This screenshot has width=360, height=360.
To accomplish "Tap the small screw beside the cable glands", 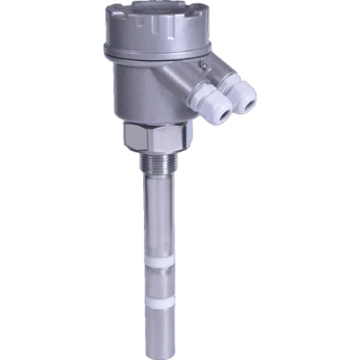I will coord(204,66).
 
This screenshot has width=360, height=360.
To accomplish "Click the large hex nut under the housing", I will coord(157,140).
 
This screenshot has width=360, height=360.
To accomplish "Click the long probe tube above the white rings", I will coord(163,216).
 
